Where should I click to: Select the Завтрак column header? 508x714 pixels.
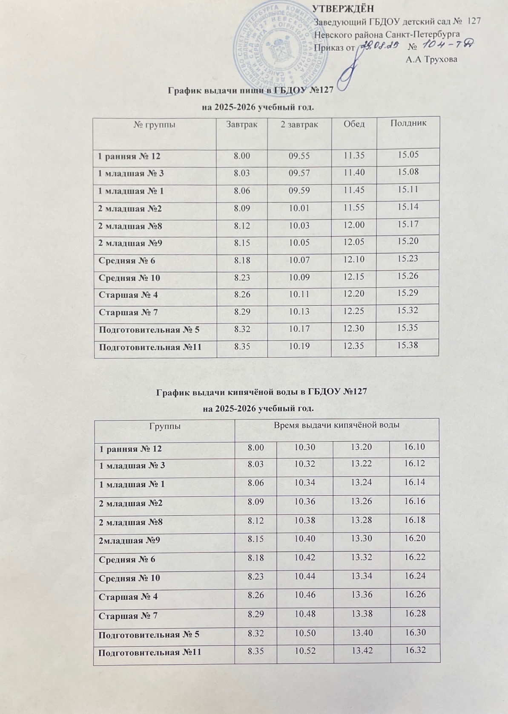(x=241, y=124)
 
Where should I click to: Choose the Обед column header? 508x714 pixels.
(x=354, y=124)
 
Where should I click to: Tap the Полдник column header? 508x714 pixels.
(x=408, y=123)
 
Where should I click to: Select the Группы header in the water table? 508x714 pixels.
(x=164, y=426)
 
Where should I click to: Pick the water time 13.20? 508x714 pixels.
(x=362, y=447)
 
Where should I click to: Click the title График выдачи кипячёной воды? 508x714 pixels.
(x=259, y=391)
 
